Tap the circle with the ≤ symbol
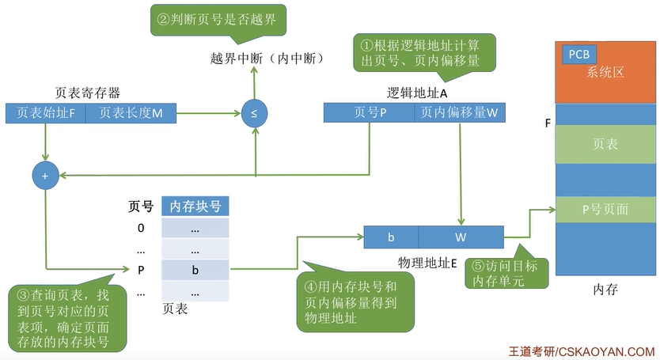click(x=254, y=113)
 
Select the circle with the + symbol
click(x=45, y=176)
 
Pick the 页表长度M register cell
click(x=131, y=113)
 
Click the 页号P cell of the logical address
click(x=370, y=113)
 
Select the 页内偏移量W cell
click(x=459, y=113)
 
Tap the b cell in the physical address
click(x=391, y=237)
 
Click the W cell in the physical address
click(x=461, y=237)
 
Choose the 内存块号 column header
click(x=195, y=207)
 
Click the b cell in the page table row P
click(x=195, y=270)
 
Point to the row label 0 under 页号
click(x=141, y=229)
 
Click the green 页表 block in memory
click(x=605, y=144)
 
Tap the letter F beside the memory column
click(x=548, y=124)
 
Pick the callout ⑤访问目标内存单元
click(x=504, y=272)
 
